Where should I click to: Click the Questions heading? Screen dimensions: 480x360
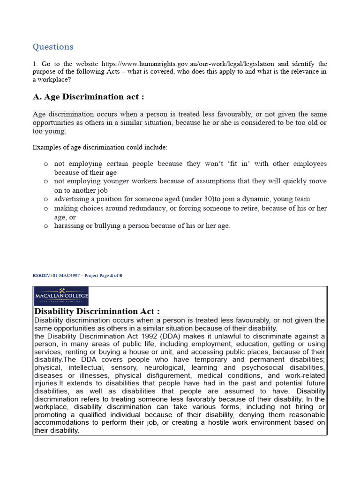pos(53,47)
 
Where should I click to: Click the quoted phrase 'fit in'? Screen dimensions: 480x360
pos(239,164)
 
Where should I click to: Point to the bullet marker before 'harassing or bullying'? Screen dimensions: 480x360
pos(45,226)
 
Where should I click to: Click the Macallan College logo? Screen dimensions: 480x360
pos(61,296)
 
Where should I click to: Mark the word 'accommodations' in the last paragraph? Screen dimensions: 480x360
pos(62,423)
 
